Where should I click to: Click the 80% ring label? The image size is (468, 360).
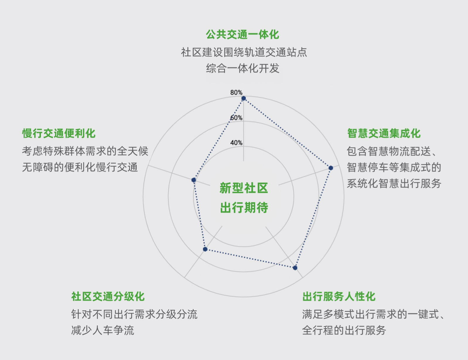pyautogui.click(x=236, y=92)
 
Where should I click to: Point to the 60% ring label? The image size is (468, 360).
pyautogui.click(x=236, y=118)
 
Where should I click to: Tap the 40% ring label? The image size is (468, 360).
pyautogui.click(x=236, y=143)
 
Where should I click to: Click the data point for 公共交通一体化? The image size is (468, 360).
pyautogui.click(x=244, y=98)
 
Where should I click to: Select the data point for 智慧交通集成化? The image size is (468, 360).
pyautogui.click(x=331, y=168)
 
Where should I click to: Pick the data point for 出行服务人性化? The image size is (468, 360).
pyautogui.click(x=295, y=268)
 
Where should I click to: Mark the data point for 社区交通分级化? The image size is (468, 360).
pyautogui.click(x=205, y=249)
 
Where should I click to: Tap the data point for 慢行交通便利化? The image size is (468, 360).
pyautogui.click(x=194, y=180)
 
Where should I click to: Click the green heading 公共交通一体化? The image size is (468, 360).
pyautogui.click(x=242, y=35)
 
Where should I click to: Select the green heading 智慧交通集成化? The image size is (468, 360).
pyautogui.click(x=384, y=133)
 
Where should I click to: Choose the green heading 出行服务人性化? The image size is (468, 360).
pyautogui.click(x=339, y=296)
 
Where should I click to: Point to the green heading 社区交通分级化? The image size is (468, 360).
pyautogui.click(x=108, y=296)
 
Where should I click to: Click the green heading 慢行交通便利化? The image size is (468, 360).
pyautogui.click(x=59, y=133)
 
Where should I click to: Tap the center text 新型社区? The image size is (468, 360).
pyautogui.click(x=244, y=188)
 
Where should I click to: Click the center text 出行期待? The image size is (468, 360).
pyautogui.click(x=244, y=208)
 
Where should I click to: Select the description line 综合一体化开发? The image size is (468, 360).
pyautogui.click(x=243, y=68)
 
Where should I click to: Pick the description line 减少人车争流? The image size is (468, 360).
pyautogui.click(x=103, y=330)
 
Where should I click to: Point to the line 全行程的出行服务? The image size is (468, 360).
pyautogui.click(x=344, y=330)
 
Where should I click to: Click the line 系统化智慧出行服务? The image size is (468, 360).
pyautogui.click(x=394, y=184)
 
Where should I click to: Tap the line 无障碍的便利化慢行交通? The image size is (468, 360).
pyautogui.click(x=80, y=167)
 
